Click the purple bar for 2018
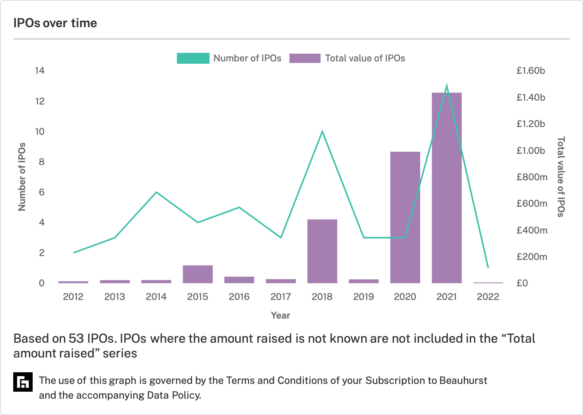pos(322,251)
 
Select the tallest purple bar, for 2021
pos(447,188)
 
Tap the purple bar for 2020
pos(405,217)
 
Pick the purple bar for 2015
pos(198,274)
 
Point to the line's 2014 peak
pos(156,192)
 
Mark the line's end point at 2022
pos(488,267)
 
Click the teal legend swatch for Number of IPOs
pos(193,58)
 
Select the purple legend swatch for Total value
pos(305,58)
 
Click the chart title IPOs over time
pos(55,23)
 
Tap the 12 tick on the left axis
pos(40,101)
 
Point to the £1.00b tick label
pos(531,151)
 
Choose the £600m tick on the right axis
pos(532,204)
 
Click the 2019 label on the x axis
pos(363,296)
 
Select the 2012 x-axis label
pos(73,296)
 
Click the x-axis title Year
pos(281,316)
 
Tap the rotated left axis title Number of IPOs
pos(22,177)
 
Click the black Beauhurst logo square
pos(23,382)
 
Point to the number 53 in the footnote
pos(76,338)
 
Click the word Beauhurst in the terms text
pos(463,380)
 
